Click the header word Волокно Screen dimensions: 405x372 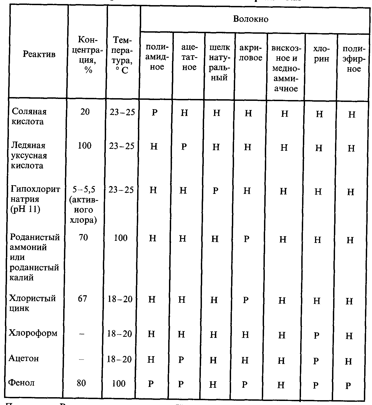[x=251, y=19]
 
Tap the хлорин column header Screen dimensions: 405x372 [x=321, y=54]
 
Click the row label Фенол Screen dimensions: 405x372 [x=22, y=383]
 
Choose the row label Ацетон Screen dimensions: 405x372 [x=24, y=358]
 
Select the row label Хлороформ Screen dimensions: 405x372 [x=33, y=333]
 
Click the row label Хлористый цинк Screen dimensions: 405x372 [x=32, y=303]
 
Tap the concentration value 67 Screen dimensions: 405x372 [x=82, y=298]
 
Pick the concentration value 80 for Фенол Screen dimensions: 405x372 [x=81, y=383]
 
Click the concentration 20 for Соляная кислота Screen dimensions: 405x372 [x=85, y=112]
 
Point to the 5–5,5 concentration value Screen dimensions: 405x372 [x=84, y=190]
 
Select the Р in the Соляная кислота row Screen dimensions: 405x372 [x=154, y=112]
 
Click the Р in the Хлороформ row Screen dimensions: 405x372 [x=316, y=336]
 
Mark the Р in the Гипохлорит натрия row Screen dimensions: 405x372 [x=215, y=191]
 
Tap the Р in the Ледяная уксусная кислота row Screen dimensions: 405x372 [x=184, y=147]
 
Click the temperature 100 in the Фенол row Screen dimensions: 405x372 [x=119, y=383]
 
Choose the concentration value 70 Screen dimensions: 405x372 [x=83, y=238]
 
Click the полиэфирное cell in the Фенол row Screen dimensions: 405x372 [x=348, y=386]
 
